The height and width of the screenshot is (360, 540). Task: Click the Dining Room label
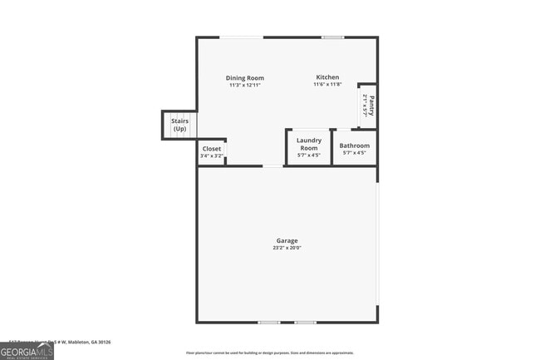click(x=245, y=78)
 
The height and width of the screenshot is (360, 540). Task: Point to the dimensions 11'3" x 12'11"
click(x=245, y=85)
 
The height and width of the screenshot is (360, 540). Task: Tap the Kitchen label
click(x=326, y=77)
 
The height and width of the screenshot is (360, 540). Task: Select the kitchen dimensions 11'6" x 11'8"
click(x=326, y=84)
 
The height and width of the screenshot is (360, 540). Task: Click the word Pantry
click(x=371, y=106)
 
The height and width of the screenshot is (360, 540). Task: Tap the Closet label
click(x=212, y=149)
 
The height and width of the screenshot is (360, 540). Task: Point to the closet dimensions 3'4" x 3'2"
click(x=212, y=155)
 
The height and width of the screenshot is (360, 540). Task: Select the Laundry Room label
click(x=309, y=144)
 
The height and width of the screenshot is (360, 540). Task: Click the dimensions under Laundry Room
click(x=309, y=155)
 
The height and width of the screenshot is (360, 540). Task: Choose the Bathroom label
click(x=355, y=145)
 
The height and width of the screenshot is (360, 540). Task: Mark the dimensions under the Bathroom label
click(x=355, y=152)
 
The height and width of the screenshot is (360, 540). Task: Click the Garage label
click(x=287, y=241)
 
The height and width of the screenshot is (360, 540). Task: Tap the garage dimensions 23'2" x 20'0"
click(x=287, y=248)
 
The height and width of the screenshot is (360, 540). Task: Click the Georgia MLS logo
click(x=27, y=352)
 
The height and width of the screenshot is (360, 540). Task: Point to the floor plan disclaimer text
click(x=269, y=353)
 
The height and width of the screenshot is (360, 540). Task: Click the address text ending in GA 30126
click(x=60, y=342)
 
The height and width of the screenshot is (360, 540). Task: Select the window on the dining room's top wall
click(x=242, y=37)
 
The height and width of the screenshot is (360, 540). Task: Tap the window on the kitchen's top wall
click(x=333, y=37)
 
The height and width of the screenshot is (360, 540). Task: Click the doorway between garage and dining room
click(x=272, y=166)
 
